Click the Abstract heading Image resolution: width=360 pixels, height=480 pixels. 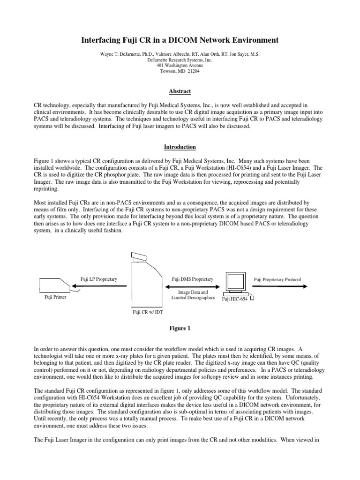[180, 91]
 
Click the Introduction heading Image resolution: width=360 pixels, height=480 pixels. [180, 147]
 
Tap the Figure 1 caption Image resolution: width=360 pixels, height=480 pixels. [180, 329]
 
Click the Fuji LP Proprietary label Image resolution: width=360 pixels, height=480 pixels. [98, 279]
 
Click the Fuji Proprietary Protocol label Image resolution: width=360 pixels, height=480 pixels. [277, 280]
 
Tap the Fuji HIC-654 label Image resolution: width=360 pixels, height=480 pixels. [234, 298]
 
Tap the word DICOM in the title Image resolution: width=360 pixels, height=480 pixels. [197, 41]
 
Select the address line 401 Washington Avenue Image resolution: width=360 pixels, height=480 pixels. [180, 65]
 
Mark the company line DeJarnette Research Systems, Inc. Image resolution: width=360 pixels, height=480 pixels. [180, 60]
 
